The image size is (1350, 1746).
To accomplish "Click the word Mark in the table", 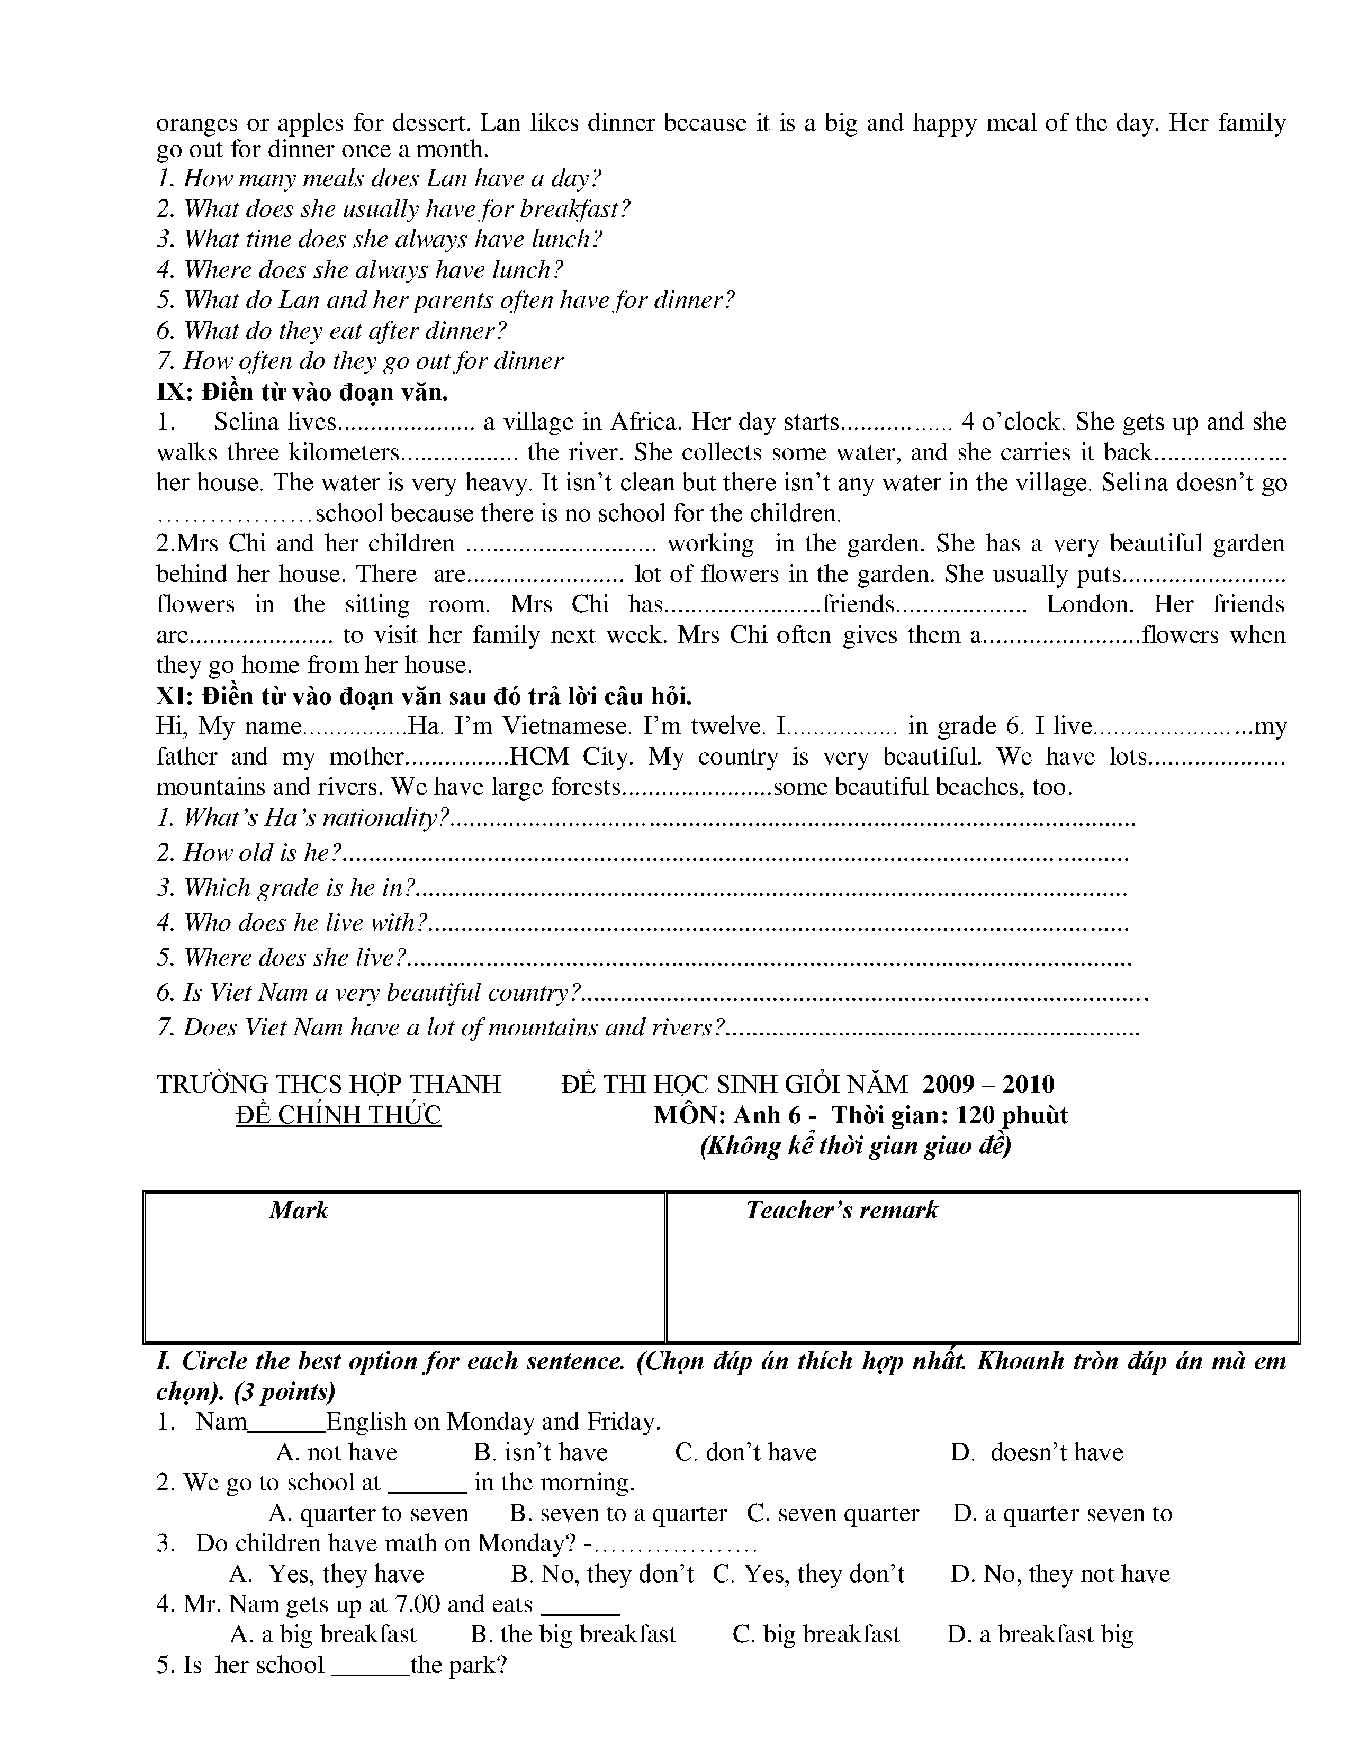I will click(298, 1211).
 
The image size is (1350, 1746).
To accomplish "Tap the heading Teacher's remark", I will click(841, 1211).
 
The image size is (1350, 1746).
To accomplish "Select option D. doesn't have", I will click(1037, 1452).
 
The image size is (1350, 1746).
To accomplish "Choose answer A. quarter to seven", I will click(368, 1513).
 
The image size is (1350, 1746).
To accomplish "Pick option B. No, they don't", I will click(602, 1574).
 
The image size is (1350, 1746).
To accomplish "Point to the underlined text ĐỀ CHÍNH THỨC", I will click(338, 1115).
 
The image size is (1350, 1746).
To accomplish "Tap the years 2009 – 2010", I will click(988, 1084).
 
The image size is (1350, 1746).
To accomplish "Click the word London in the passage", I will click(1090, 604).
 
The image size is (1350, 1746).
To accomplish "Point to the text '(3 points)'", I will click(285, 1392).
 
